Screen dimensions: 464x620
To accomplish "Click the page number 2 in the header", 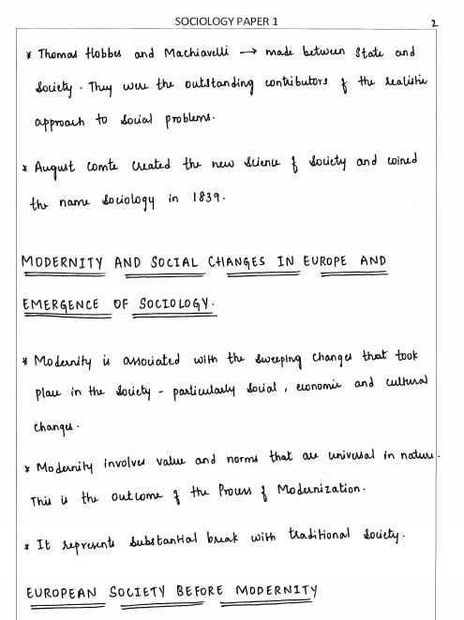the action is pos(434,22).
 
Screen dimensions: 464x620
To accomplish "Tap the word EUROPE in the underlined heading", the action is pos(327,263).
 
